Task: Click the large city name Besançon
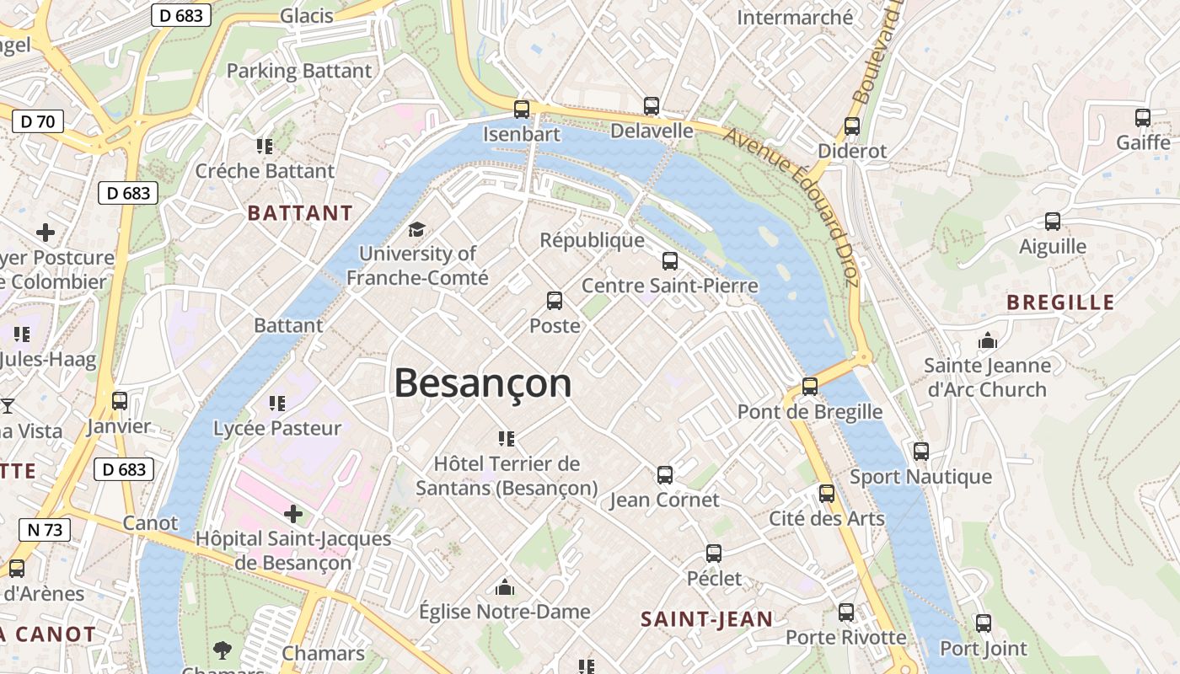[483, 384]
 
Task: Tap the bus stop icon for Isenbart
[522, 110]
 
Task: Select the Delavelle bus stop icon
[652, 106]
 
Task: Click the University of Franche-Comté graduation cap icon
[416, 229]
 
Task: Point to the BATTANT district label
[300, 213]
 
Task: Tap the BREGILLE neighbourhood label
[1060, 302]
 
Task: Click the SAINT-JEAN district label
[706, 619]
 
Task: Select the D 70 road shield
[38, 121]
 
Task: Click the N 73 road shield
[45, 530]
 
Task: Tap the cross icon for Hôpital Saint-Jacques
[293, 513]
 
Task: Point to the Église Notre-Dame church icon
[505, 586]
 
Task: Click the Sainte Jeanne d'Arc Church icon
[987, 340]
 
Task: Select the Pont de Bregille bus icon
[810, 387]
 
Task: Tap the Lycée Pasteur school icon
[276, 404]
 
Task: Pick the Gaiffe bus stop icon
[1143, 118]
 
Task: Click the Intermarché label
[795, 17]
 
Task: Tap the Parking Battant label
[299, 71]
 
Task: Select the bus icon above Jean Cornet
[665, 475]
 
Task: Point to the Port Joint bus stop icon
[984, 623]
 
